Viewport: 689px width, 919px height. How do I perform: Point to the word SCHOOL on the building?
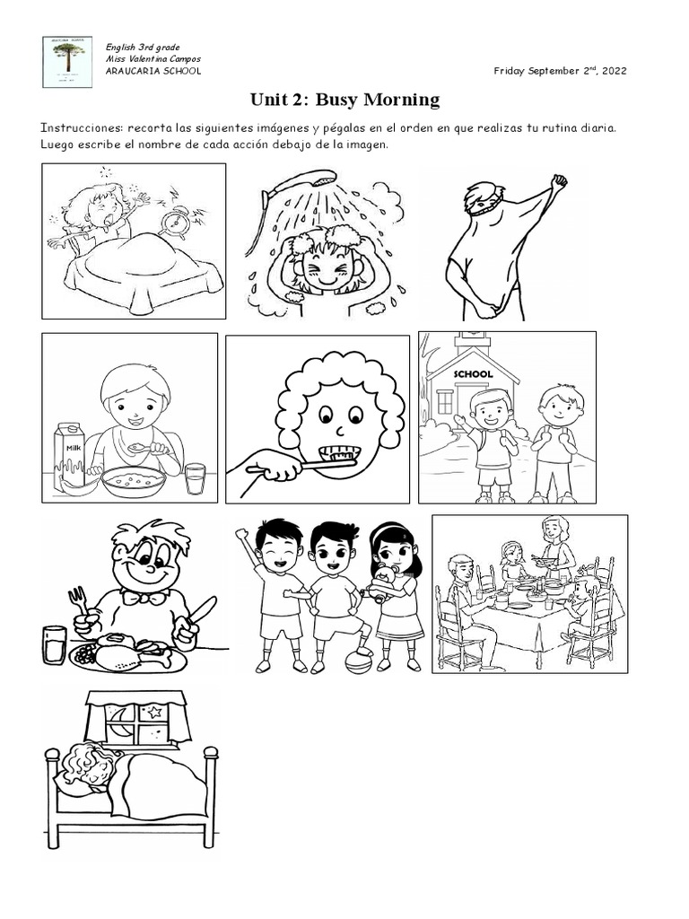[474, 373]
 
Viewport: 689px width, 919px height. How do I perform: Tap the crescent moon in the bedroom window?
[118, 715]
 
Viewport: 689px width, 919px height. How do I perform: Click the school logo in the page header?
[67, 61]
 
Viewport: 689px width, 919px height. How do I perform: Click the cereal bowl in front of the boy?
[134, 480]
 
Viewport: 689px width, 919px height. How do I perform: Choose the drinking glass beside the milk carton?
[195, 477]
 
